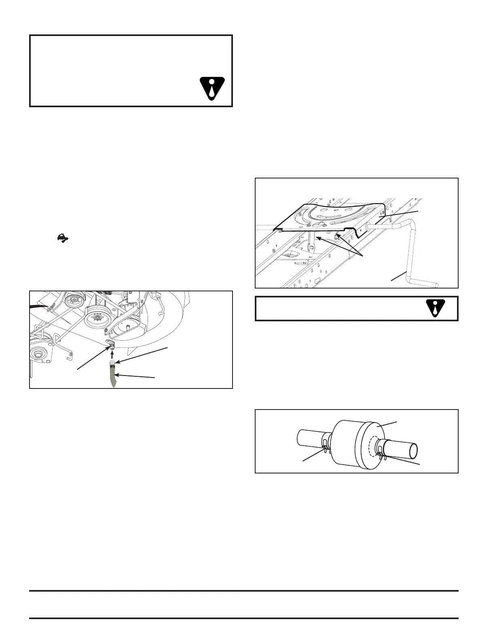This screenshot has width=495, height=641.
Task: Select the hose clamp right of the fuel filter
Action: coord(380,450)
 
